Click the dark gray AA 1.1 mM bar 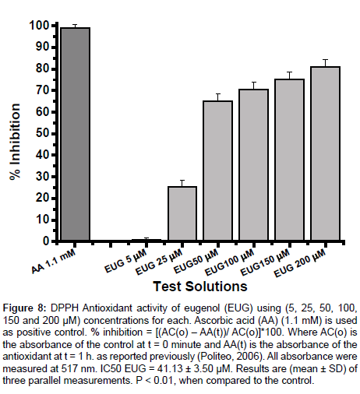[75, 134]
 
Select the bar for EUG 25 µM [182, 213]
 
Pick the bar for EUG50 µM [218, 171]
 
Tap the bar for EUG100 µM [254, 165]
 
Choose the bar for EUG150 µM [290, 160]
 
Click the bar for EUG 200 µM [325, 153]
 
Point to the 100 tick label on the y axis [39, 26]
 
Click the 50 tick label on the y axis [43, 133]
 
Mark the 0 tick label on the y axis [46, 241]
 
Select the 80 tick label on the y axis [43, 69]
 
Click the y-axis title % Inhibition [15, 142]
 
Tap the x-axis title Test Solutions [200, 287]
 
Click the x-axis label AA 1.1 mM [54, 262]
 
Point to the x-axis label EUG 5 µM [125, 261]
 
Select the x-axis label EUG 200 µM [300, 263]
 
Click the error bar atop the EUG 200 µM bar [325, 63]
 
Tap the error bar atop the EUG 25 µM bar [182, 183]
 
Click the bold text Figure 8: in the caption [24, 308]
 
